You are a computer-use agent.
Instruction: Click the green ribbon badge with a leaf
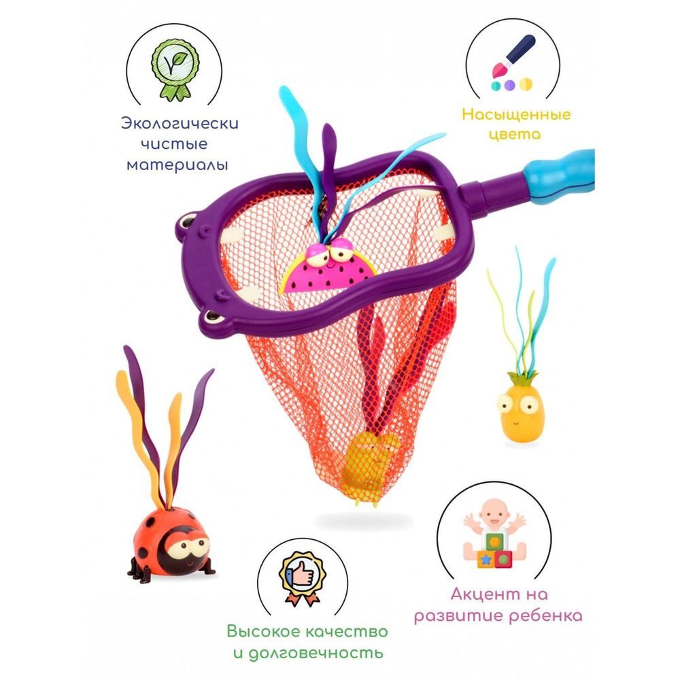[x=175, y=69]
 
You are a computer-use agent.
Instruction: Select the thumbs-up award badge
[x=303, y=579]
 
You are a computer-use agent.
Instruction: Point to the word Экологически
[x=180, y=123]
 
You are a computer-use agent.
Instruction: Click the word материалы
[x=177, y=165]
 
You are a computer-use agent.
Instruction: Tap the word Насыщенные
[x=516, y=115]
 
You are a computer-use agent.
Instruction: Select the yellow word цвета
[x=515, y=135]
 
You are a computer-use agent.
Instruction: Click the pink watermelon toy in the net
[x=328, y=268]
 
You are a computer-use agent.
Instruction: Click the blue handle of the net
[x=560, y=175]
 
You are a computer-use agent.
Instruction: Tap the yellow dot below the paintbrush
[x=526, y=84]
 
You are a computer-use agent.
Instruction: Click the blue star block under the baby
[x=486, y=560]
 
